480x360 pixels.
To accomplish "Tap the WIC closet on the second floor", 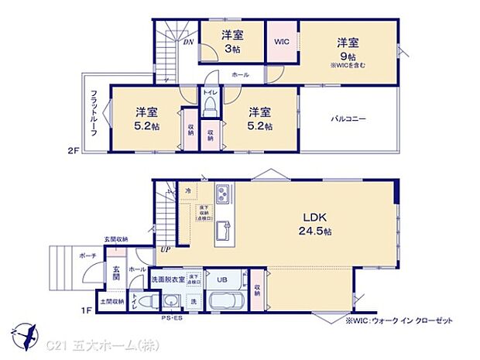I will click(280, 44).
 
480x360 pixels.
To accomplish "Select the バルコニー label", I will click(349, 119).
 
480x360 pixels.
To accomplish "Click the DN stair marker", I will click(188, 42).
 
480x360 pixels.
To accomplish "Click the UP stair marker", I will click(166, 249).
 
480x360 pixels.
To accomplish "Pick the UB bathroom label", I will click(222, 279).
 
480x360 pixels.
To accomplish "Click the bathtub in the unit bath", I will click(228, 300).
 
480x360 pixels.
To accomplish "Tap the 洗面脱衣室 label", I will click(167, 279).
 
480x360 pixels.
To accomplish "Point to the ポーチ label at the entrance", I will click(87, 255).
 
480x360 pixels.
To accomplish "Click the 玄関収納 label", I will click(116, 240).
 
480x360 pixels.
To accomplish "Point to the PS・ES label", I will click(171, 317).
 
